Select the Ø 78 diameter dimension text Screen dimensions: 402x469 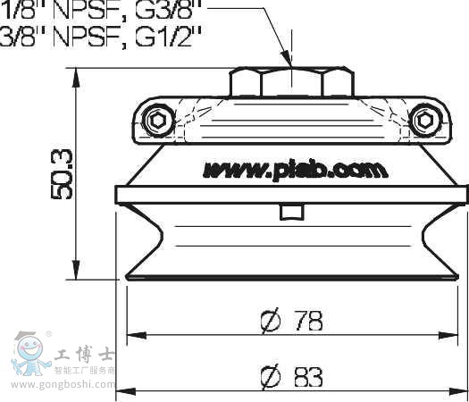292,320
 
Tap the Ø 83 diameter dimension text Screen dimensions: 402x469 292,378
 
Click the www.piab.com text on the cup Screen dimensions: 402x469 295,169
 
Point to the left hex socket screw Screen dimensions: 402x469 158,120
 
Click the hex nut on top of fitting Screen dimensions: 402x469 291,82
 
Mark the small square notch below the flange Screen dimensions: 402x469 291,212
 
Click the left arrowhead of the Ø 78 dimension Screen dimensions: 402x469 134,336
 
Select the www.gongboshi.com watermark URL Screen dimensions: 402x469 59,387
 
